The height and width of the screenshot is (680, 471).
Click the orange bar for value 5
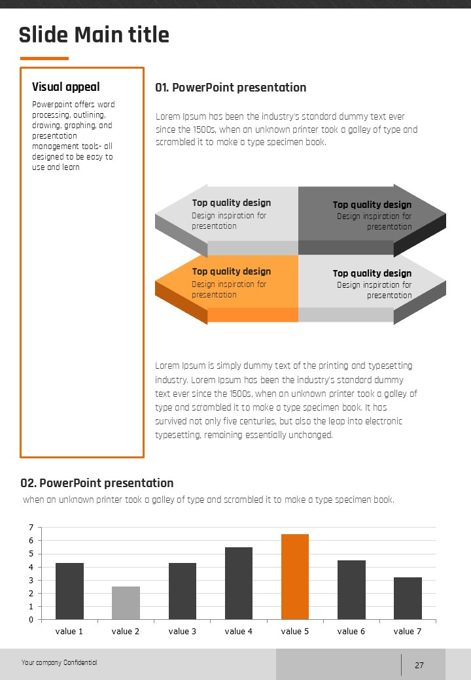click(294, 577)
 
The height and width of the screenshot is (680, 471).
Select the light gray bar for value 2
click(126, 603)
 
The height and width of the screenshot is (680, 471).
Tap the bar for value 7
click(408, 598)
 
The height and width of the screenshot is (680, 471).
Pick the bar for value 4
click(238, 583)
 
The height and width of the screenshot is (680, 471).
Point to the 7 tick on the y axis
click(31, 528)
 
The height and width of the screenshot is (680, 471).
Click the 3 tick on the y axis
click(31, 580)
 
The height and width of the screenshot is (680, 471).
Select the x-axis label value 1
click(69, 631)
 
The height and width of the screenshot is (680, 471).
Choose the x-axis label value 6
click(351, 631)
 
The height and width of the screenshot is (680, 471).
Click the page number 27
click(419, 666)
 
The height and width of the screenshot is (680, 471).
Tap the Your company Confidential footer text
click(59, 662)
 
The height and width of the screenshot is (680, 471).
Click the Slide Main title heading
click(94, 35)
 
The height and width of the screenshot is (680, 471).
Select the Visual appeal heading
click(66, 87)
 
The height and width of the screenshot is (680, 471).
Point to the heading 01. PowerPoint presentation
click(230, 88)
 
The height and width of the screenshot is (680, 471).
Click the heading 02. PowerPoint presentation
click(97, 483)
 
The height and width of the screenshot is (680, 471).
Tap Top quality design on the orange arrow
click(231, 271)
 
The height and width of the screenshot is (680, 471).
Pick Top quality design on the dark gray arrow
click(372, 205)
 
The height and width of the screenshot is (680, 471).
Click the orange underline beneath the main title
click(44, 58)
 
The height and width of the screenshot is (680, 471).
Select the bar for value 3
click(182, 591)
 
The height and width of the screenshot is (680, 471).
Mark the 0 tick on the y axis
click(31, 620)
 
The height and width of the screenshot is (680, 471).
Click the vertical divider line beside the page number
click(401, 664)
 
